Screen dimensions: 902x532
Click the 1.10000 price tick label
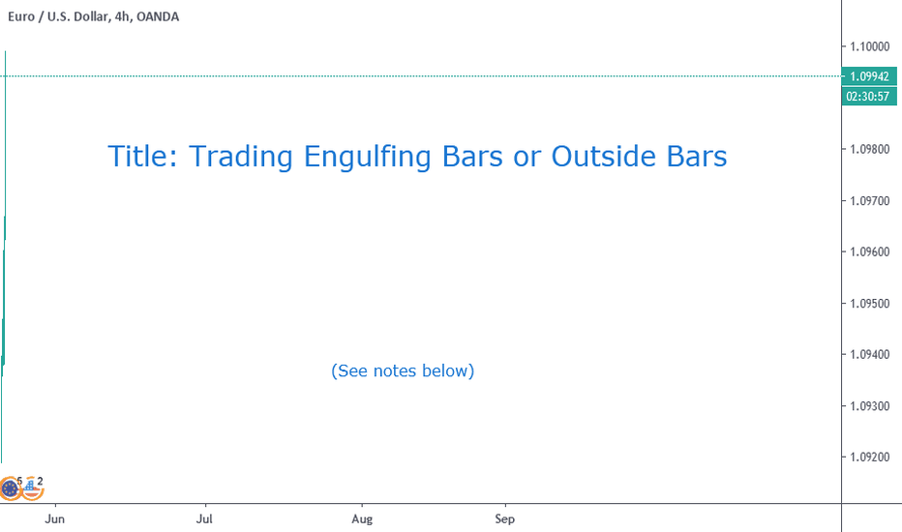(x=869, y=46)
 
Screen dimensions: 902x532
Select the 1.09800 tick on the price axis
(x=869, y=150)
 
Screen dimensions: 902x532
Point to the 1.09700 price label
(x=869, y=201)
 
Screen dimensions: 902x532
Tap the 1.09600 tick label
(x=869, y=251)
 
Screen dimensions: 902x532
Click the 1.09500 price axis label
(x=869, y=304)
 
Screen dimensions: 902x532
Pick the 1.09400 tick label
(x=869, y=355)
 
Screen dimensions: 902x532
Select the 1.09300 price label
(x=869, y=406)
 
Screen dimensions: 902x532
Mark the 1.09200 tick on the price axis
(x=869, y=458)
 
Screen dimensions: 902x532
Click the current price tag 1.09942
(x=869, y=76)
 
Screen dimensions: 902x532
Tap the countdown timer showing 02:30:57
(x=869, y=96)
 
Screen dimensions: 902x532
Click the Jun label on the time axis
(x=54, y=518)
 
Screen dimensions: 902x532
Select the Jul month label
(x=204, y=518)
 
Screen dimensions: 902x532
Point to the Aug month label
(x=362, y=518)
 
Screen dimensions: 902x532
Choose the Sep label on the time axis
(x=504, y=518)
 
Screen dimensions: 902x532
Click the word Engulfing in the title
(x=367, y=157)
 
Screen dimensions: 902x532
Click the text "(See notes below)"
(x=403, y=371)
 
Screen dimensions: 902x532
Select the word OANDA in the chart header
(x=158, y=16)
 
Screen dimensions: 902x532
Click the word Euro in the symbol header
(x=21, y=16)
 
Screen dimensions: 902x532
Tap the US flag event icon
(x=32, y=488)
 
